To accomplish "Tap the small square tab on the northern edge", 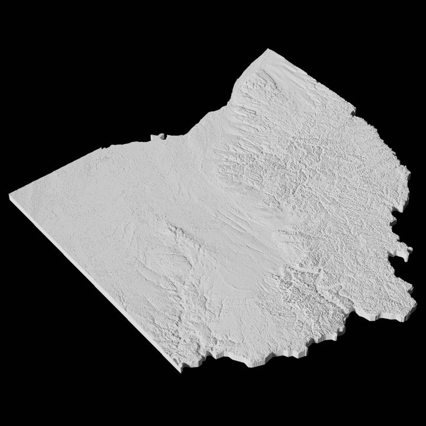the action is point(157,137).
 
